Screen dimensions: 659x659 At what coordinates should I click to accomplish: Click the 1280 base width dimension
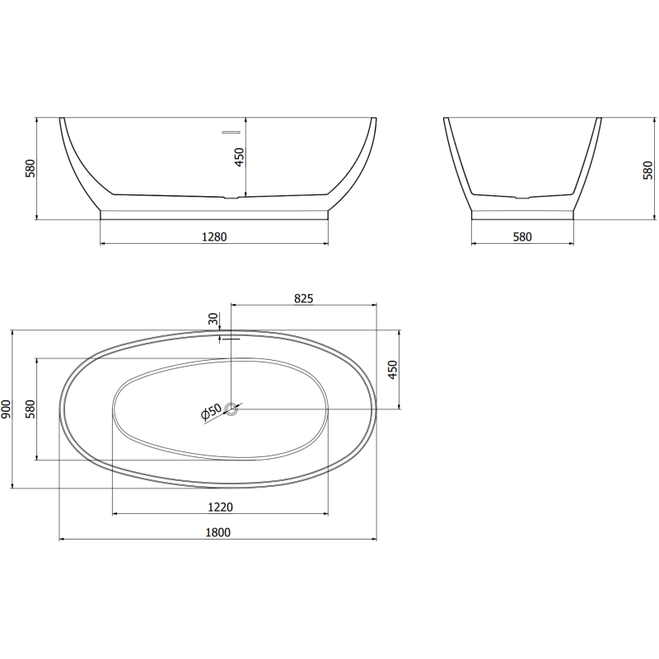click(x=213, y=236)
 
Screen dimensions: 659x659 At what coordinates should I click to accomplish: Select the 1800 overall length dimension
click(x=218, y=532)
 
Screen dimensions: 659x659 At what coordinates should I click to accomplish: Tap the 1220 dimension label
click(x=218, y=506)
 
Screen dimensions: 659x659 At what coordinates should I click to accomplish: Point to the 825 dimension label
click(x=303, y=299)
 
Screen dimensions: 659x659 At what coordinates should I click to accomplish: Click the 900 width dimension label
click(x=7, y=409)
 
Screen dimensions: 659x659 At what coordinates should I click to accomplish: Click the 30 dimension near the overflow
click(x=213, y=320)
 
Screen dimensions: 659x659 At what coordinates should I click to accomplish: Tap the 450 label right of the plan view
click(x=393, y=370)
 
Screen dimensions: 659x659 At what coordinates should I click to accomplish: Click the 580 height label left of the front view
click(x=30, y=169)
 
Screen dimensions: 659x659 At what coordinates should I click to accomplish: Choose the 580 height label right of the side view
click(x=648, y=169)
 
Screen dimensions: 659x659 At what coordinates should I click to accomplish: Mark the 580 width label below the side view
click(x=522, y=236)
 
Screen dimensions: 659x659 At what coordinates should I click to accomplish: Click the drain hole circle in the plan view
click(x=232, y=408)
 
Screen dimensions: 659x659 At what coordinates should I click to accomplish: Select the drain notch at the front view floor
click(x=232, y=198)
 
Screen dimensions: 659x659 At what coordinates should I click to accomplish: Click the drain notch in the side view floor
click(x=522, y=198)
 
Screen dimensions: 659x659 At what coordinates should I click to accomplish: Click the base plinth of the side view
click(x=522, y=214)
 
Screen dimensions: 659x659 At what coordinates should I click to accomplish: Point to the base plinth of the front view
click(x=213, y=214)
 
